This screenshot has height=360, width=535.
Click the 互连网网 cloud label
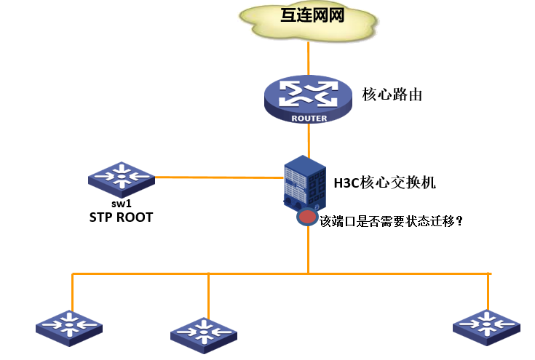click(x=312, y=16)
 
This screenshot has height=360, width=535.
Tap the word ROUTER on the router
click(x=309, y=118)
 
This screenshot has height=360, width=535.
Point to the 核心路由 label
click(x=392, y=95)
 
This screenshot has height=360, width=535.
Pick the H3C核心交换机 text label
click(x=384, y=183)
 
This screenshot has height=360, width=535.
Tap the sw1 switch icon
click(x=121, y=177)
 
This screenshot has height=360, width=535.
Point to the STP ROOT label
click(x=121, y=217)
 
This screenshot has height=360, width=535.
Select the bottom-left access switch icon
click(x=70, y=326)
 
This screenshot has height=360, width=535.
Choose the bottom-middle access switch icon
click(x=204, y=334)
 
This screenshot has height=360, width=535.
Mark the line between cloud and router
click(x=309, y=60)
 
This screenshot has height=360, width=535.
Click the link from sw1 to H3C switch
click(x=218, y=177)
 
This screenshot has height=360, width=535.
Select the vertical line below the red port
click(x=308, y=251)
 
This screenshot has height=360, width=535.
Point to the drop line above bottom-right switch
click(x=488, y=291)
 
